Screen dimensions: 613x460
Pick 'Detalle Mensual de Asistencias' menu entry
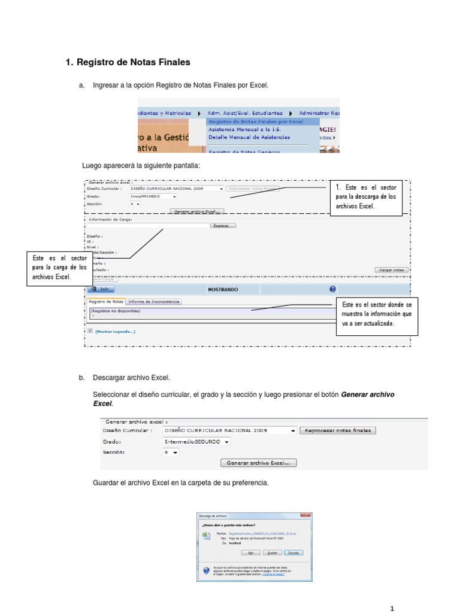click(249, 137)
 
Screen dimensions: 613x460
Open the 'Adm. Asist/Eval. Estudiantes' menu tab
click(245, 113)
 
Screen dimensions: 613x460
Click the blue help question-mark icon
click(332, 289)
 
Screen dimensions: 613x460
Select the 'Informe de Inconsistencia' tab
click(154, 302)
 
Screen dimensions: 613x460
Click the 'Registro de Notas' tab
click(106, 302)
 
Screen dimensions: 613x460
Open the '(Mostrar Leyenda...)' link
click(115, 331)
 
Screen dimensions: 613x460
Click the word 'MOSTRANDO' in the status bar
click(223, 289)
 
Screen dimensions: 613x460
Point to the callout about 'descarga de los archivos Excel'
click(365, 197)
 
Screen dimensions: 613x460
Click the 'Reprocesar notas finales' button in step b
click(338, 430)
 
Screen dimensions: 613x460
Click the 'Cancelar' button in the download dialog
click(293, 553)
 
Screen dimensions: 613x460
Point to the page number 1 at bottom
click(392, 608)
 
